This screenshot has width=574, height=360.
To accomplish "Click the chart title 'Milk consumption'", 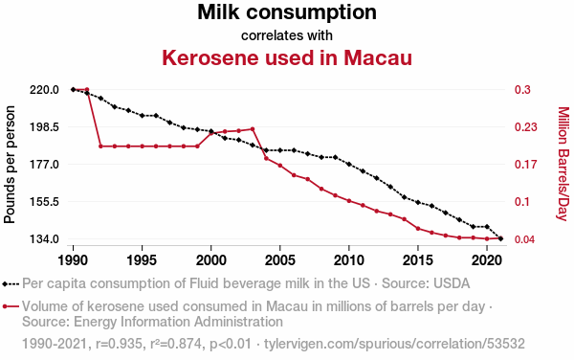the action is coord(287,12).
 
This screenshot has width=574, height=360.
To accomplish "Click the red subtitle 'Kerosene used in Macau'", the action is coord(287,57).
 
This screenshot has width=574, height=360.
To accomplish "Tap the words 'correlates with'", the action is coord(287,35).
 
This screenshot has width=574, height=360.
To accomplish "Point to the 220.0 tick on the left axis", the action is coord(44,89).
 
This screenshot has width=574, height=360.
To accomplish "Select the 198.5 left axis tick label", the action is coord(44,127).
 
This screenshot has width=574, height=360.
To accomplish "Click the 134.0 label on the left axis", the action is coord(44,239).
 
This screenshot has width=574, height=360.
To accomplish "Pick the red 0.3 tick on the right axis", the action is coord(522,89).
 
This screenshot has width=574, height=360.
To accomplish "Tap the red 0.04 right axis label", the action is coord(525,239).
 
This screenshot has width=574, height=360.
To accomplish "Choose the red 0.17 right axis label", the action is coord(525,165).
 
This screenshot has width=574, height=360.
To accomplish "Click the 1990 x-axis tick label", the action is coord(74,260).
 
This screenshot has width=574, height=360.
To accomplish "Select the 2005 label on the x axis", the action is coord(280,260).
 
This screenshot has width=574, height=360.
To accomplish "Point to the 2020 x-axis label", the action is coord(487,260).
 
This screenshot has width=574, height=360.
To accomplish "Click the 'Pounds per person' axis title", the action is coord(10,165).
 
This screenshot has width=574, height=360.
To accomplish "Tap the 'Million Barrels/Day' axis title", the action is coord(563,164).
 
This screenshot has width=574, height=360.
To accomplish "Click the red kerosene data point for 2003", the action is coord(253,129).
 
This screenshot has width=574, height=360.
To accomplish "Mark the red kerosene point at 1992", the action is coord(100,146).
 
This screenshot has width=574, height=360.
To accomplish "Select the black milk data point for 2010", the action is coord(349,164).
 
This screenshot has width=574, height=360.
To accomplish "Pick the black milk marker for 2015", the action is coord(418,202).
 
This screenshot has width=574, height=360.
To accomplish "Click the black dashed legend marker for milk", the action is coord(11,283).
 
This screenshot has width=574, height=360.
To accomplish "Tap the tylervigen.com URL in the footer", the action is coord(394,344).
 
